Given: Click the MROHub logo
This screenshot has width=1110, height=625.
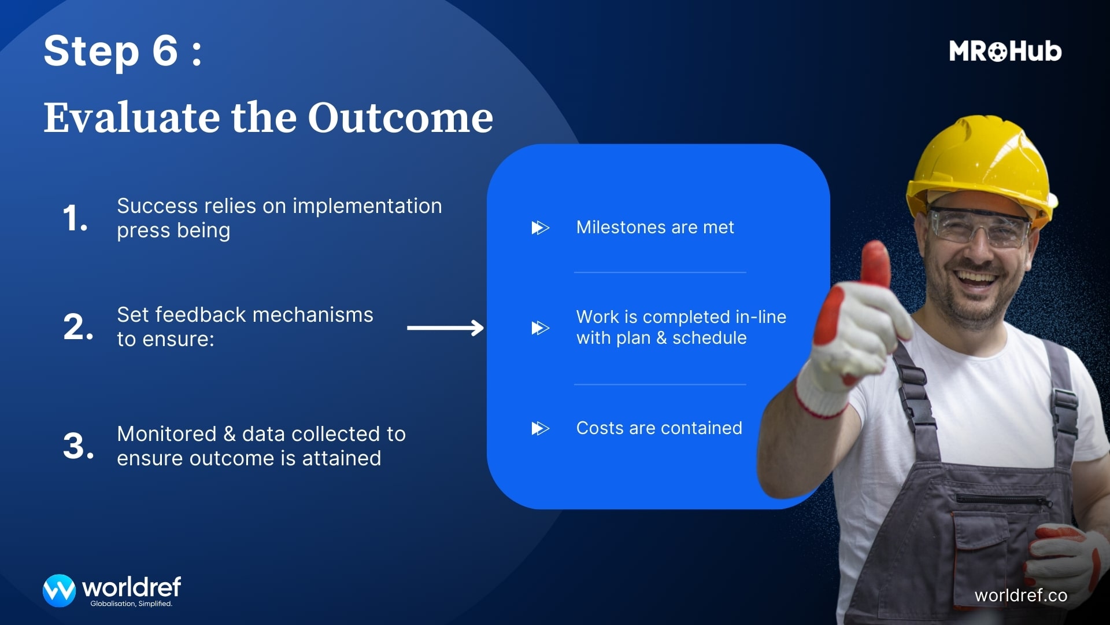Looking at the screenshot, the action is tap(1005, 51).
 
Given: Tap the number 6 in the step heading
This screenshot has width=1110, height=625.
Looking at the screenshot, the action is tap(165, 50).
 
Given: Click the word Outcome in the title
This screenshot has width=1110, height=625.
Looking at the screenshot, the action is tap(400, 117).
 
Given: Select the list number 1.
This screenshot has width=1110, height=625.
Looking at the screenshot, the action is tap(75, 218).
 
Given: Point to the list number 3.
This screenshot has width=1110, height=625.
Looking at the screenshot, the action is tap(78, 446).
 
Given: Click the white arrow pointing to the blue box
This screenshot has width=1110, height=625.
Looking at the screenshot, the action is tap(445, 328).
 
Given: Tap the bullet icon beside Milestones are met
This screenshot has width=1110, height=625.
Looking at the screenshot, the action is tap(540, 227).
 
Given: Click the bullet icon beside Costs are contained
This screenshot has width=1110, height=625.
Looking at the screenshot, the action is tap(540, 428).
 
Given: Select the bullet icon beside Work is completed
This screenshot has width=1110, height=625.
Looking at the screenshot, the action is tap(540, 328).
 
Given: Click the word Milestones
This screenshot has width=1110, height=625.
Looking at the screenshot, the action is tap(621, 227).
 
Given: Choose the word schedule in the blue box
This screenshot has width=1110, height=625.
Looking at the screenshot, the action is tap(709, 338).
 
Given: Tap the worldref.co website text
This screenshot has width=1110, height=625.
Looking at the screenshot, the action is tap(1021, 595).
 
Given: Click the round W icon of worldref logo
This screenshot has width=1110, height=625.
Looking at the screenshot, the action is tap(59, 590).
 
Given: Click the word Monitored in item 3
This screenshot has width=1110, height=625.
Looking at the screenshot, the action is tap(166, 434).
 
